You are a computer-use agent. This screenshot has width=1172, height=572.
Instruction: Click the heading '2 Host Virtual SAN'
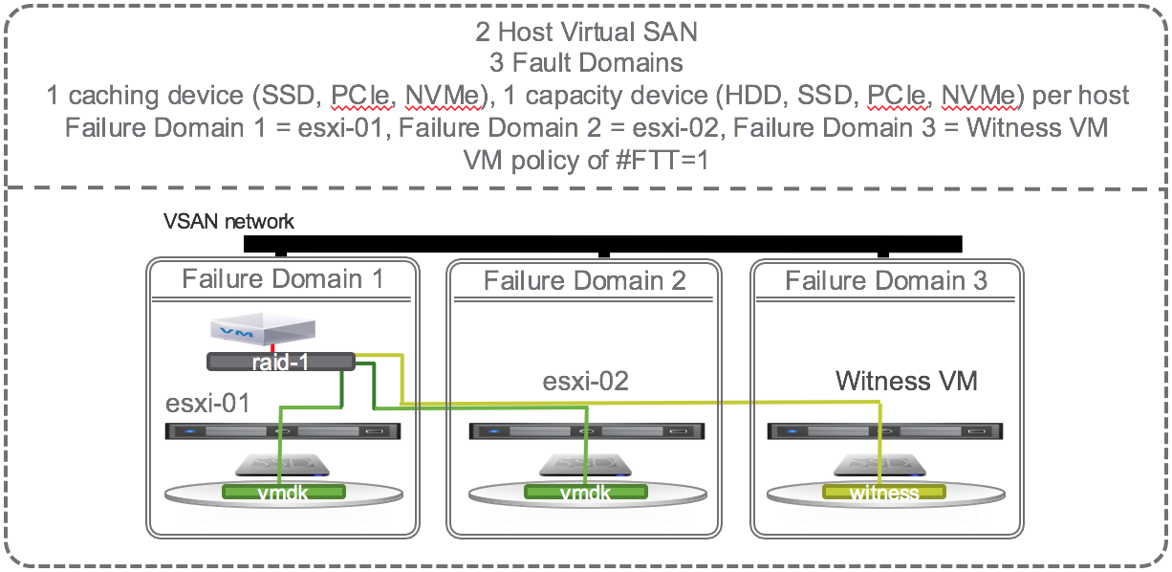[586, 32]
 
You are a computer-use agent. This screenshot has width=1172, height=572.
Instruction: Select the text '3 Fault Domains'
[586, 63]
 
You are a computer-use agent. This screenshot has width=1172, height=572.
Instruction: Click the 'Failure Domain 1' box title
[283, 279]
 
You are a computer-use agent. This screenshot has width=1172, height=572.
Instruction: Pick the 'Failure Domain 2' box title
[584, 281]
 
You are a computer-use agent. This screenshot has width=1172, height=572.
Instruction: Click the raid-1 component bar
[280, 362]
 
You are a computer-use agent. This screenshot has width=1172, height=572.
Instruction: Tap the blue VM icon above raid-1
[261, 331]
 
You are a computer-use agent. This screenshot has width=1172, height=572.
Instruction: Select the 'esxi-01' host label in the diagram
[208, 404]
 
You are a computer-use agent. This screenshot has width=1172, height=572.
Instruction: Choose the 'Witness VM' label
[906, 381]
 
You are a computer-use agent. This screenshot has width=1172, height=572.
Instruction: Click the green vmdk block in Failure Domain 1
[282, 492]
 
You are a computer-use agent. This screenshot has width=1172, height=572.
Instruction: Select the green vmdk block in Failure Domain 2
[584, 492]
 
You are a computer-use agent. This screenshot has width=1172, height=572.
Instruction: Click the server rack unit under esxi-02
[585, 431]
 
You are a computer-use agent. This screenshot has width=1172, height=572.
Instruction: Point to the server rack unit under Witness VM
[886, 431]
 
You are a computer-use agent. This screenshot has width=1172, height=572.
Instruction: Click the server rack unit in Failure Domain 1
[283, 431]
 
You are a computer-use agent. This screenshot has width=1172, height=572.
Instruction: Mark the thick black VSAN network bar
[602, 243]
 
